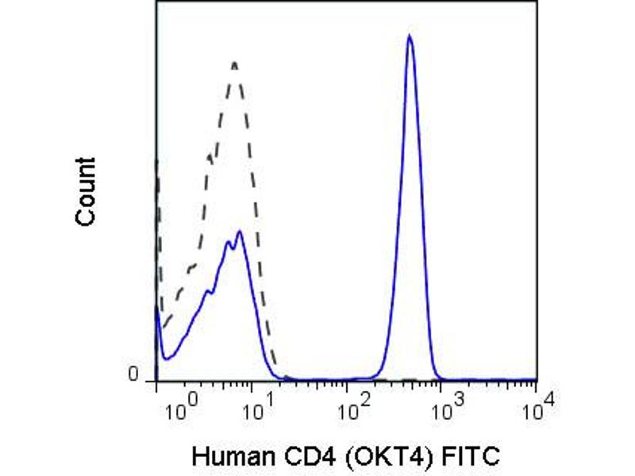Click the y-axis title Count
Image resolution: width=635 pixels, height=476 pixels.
pyautogui.click(x=86, y=190)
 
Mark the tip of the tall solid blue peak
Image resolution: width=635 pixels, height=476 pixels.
pyautogui.click(x=409, y=36)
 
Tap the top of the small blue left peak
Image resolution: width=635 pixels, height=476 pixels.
pyautogui.click(x=239, y=232)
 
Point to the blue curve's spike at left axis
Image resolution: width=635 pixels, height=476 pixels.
pyautogui.click(x=158, y=313)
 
